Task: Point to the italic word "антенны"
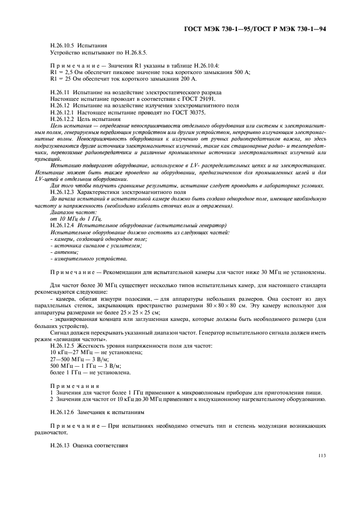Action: point(65,252)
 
